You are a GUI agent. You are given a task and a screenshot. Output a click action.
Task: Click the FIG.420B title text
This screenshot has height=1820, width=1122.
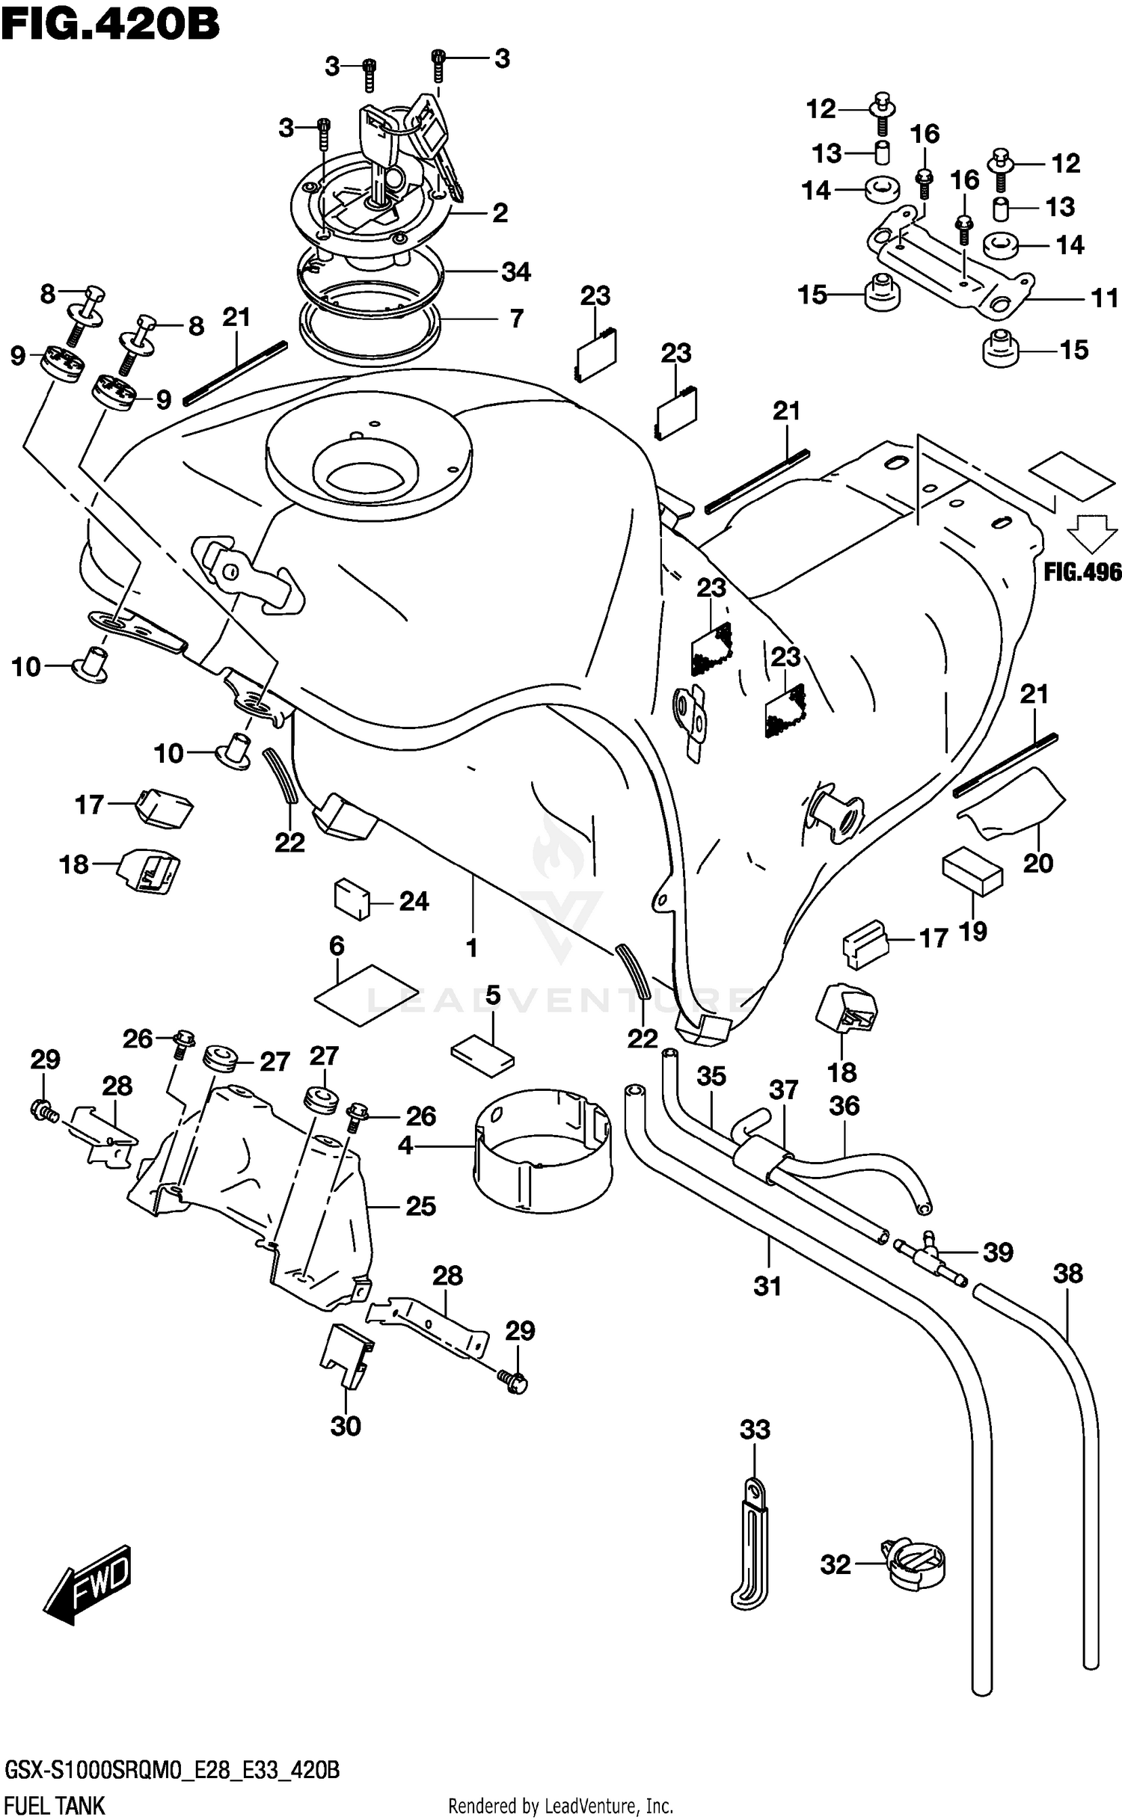pyautogui.click(x=110, y=24)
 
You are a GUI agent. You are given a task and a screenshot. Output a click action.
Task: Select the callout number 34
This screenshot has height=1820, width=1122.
pyautogui.click(x=515, y=271)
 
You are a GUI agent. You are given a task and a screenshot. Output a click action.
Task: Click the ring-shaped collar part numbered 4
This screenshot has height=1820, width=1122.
pyautogui.click(x=542, y=1148)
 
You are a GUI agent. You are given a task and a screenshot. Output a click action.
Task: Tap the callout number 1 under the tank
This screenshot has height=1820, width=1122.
pyautogui.click(x=471, y=948)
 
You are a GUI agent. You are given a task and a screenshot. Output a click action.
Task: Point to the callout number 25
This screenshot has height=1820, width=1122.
pyautogui.click(x=420, y=1205)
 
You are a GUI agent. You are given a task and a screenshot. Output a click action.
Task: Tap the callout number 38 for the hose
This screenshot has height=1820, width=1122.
pyautogui.click(x=1067, y=1273)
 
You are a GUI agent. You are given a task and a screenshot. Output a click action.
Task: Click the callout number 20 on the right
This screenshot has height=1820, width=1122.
pyautogui.click(x=1037, y=863)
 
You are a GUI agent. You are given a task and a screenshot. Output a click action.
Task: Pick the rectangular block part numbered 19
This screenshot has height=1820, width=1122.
pyautogui.click(x=972, y=872)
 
